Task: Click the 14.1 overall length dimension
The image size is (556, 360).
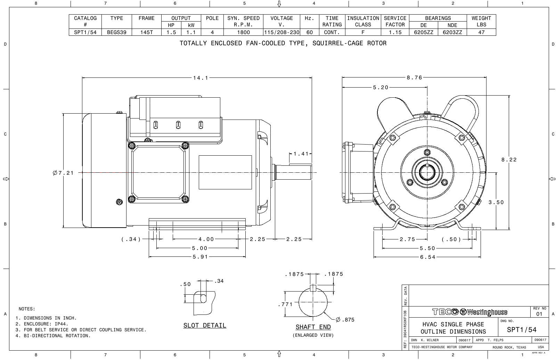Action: [201, 78]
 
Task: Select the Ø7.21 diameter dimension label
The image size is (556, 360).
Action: [63, 173]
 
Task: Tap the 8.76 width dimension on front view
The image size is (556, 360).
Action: [414, 78]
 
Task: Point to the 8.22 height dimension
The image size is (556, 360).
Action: [509, 160]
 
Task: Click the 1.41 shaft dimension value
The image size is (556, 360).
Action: [301, 154]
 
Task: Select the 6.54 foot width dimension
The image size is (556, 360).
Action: [427, 257]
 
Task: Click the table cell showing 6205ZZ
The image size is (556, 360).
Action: [423, 32]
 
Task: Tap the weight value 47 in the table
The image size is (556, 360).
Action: [481, 32]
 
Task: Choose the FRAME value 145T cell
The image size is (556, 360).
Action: [146, 32]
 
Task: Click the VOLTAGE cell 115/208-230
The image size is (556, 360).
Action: [281, 32]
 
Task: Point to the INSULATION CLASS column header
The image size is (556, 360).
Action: [363, 21]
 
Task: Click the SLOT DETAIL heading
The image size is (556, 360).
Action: [205, 326]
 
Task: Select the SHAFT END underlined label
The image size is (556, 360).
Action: [313, 327]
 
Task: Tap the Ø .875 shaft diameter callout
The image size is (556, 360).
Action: [345, 320]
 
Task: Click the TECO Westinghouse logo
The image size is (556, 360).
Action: [469, 312]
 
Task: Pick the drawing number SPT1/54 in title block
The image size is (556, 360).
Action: [522, 330]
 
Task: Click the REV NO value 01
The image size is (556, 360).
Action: [539, 314]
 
